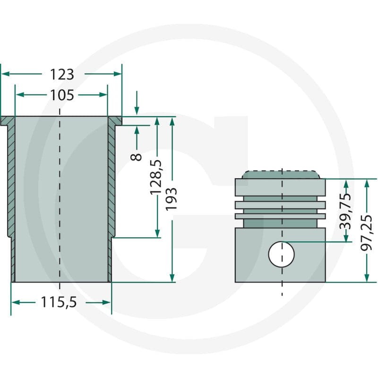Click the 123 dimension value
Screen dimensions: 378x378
(62, 74)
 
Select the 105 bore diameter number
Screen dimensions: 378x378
(62, 95)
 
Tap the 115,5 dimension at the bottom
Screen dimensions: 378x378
(59, 302)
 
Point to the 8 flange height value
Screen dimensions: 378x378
(136, 157)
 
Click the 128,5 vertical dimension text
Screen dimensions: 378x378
(155, 177)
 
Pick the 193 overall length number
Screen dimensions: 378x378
(171, 199)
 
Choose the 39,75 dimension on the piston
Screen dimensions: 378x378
(345, 211)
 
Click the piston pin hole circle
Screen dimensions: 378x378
(282, 254)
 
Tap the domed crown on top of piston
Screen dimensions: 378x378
(282, 174)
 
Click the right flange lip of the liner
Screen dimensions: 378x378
(115, 121)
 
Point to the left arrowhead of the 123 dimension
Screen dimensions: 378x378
(5, 74)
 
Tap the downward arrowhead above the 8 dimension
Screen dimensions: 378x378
(137, 112)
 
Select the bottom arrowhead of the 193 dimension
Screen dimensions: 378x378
(172, 278)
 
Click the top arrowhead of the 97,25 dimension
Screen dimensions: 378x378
(367, 184)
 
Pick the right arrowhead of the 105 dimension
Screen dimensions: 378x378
(103, 95)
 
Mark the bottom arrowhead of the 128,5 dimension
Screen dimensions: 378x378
(157, 233)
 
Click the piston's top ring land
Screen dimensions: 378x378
(280, 187)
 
